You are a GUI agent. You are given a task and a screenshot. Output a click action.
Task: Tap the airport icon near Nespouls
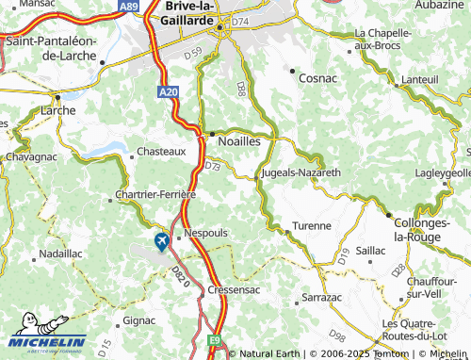161,242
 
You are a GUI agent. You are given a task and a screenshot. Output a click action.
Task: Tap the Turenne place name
311,226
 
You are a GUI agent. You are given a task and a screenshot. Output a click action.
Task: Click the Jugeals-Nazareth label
300,173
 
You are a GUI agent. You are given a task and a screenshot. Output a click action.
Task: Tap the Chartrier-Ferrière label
154,194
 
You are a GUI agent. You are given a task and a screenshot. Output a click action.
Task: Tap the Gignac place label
139,320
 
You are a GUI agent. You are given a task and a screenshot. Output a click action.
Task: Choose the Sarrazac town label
311,296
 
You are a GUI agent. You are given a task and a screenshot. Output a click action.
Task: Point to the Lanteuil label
420,80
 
